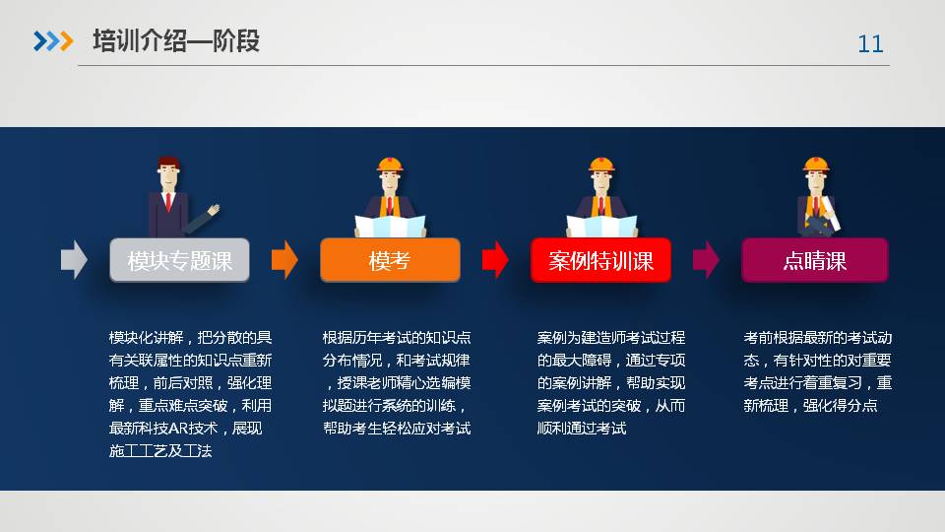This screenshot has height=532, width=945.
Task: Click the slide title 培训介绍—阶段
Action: point(176,41)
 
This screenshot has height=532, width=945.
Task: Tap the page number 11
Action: point(870,44)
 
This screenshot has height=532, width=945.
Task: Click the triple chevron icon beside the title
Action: point(53,41)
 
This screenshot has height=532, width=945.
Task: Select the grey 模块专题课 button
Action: point(179,260)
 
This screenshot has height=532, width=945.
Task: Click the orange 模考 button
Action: point(390,260)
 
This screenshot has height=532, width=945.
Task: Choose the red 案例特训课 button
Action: point(600,260)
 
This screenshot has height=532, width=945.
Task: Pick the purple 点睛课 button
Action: point(815,260)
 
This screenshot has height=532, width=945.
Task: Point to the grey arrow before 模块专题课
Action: point(74,260)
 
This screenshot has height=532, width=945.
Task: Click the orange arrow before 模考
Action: point(284,260)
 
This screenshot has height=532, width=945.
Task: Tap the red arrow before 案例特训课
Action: point(495,260)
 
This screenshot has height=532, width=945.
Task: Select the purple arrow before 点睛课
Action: point(706,260)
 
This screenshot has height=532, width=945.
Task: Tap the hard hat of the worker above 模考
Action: point(390,165)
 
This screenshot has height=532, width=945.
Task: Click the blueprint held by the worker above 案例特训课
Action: point(601,227)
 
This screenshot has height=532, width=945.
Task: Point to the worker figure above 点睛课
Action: point(817,197)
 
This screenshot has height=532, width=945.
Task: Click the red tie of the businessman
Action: point(168,201)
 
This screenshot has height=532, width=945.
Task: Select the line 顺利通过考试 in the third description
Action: point(582,429)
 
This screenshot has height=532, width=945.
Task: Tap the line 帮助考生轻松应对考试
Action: point(397,429)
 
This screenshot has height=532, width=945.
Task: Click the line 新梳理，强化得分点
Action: point(810,405)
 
